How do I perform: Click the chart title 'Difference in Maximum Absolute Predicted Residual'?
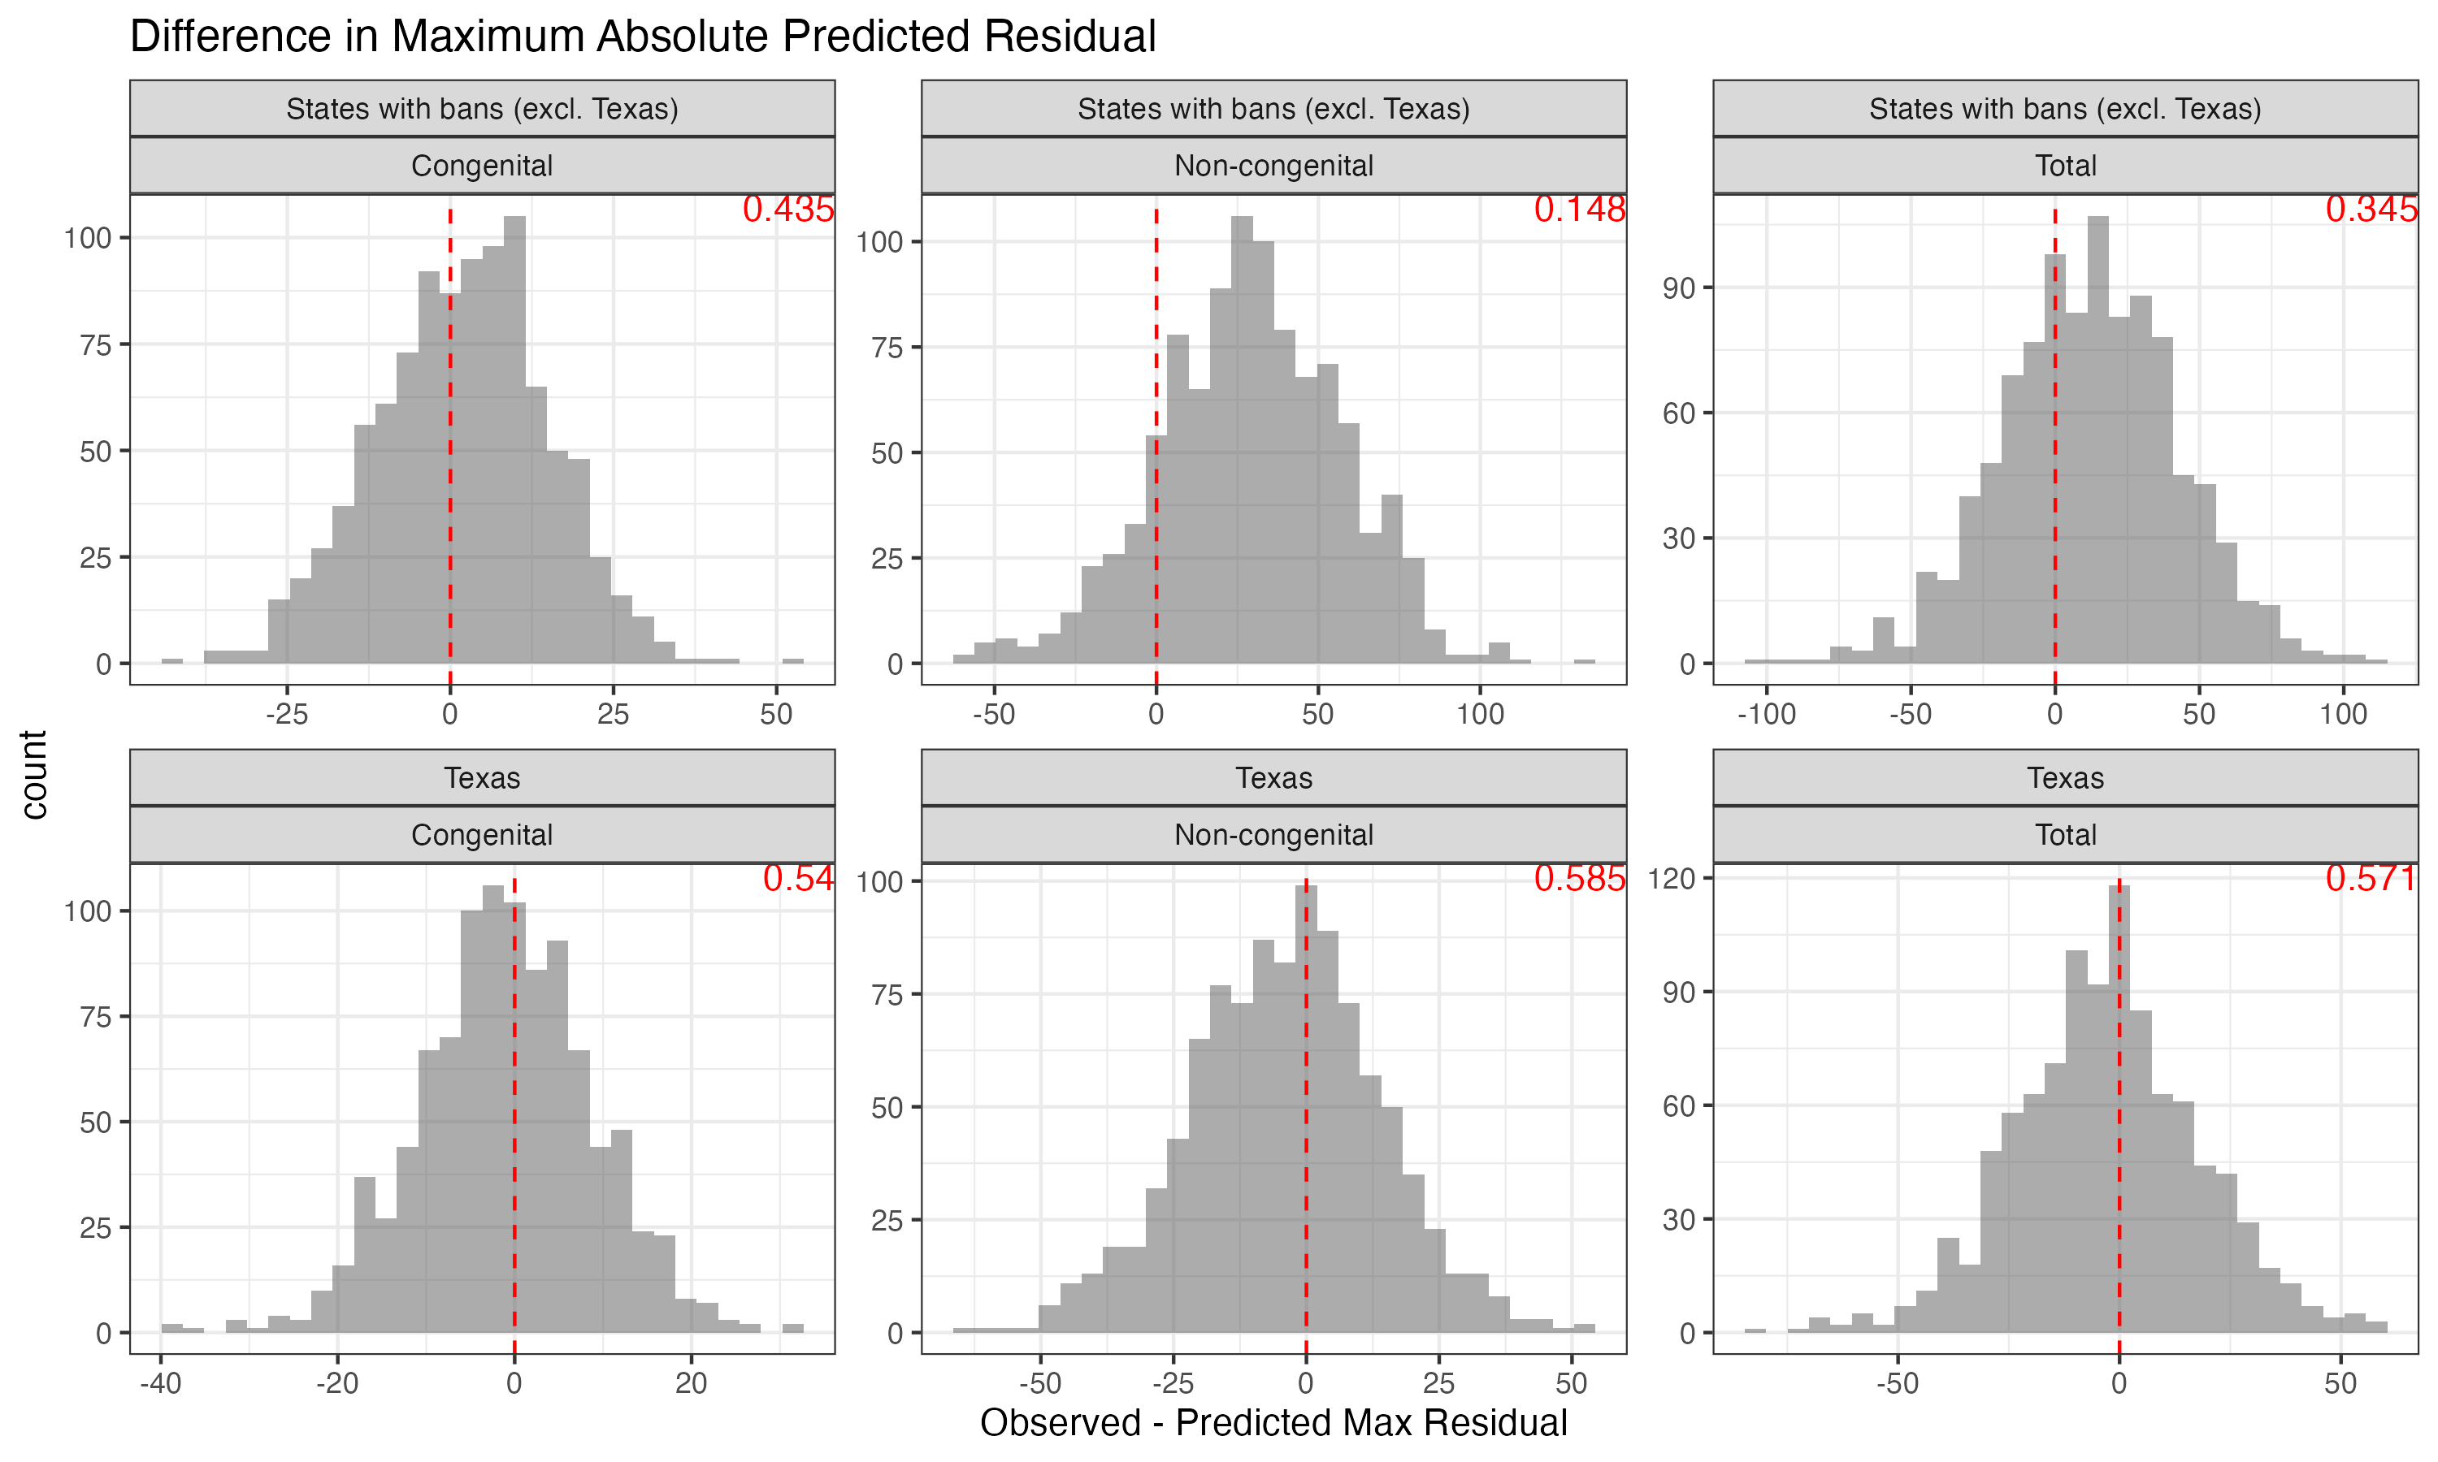click(643, 37)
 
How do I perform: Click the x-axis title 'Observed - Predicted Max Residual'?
click(1273, 1422)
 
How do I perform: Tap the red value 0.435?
click(787, 209)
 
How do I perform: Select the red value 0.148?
click(1579, 209)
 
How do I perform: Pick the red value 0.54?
click(797, 878)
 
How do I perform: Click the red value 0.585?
click(1579, 878)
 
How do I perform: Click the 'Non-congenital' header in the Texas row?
click(1273, 834)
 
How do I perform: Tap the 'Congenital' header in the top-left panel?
click(482, 166)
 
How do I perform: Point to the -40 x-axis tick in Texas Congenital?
click(161, 1383)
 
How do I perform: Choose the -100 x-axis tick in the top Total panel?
click(1766, 713)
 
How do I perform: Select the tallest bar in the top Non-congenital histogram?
click(1242, 443)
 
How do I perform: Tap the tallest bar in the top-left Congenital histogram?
click(514, 443)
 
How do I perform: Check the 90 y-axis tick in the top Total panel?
click(1678, 288)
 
